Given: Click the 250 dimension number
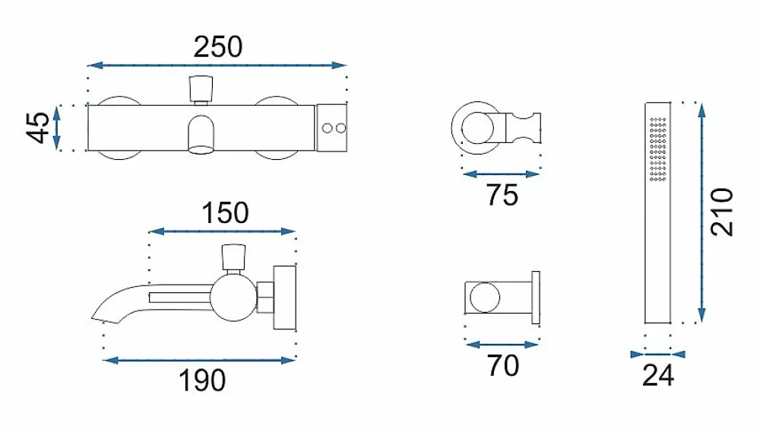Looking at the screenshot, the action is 217,47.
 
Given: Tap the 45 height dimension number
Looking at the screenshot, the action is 38,128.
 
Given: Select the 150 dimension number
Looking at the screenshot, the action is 225,213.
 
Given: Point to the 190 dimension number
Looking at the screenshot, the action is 202,381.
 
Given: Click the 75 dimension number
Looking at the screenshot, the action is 502,195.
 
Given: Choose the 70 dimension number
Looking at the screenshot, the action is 503,366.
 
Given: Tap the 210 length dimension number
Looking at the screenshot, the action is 722,212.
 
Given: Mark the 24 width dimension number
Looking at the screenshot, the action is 658,375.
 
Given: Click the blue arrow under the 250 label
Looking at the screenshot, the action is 217,65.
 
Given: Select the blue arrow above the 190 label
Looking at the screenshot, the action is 199,360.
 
